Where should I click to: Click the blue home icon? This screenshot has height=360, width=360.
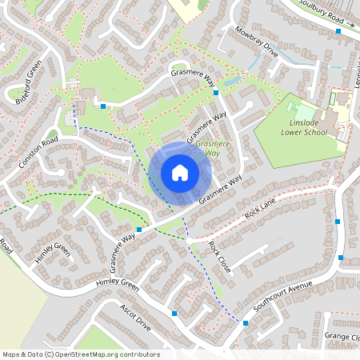[179, 172]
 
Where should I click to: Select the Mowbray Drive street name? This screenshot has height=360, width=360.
[257, 42]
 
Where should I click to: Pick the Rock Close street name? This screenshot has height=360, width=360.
[219, 256]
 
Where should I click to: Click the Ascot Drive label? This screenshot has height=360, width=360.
[135, 316]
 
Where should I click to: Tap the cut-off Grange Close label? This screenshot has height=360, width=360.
[343, 337]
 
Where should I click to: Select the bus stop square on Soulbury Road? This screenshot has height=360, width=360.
[339, 30]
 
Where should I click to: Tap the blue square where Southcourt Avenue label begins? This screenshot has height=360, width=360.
[245, 323]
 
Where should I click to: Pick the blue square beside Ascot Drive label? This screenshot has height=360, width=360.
[174, 314]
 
